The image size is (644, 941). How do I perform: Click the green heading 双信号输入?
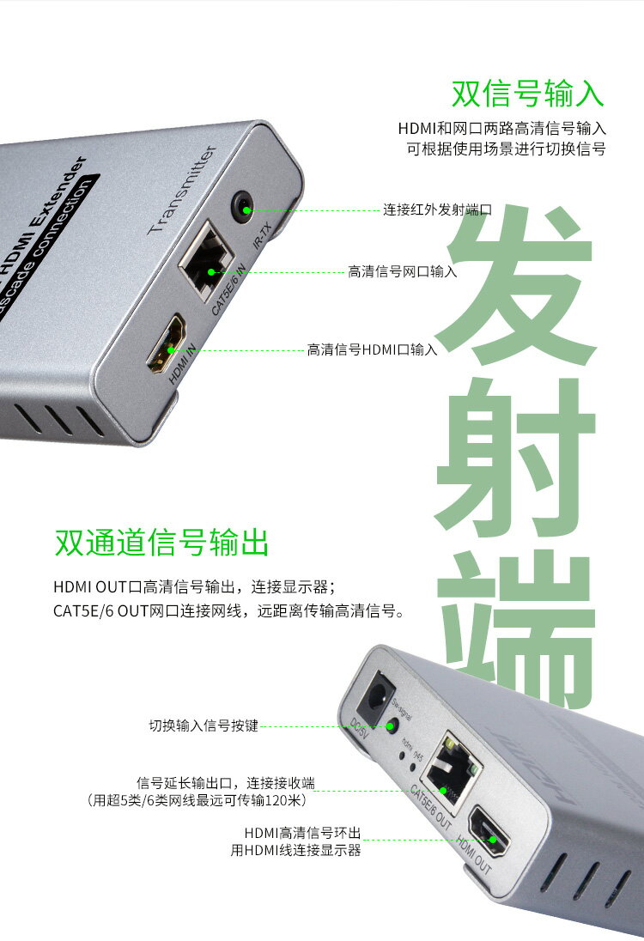(x=528, y=93)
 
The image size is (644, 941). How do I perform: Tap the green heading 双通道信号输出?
(x=161, y=543)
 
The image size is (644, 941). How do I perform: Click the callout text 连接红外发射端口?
(x=437, y=209)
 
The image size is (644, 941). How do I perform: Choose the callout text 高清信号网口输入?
(x=402, y=271)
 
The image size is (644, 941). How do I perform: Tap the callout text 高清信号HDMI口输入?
(x=373, y=349)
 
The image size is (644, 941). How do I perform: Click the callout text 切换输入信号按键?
(x=203, y=726)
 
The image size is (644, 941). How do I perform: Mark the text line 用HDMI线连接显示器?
(x=295, y=850)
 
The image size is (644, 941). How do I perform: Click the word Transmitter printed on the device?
(x=181, y=190)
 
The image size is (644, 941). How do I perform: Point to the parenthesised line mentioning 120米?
(x=197, y=799)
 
